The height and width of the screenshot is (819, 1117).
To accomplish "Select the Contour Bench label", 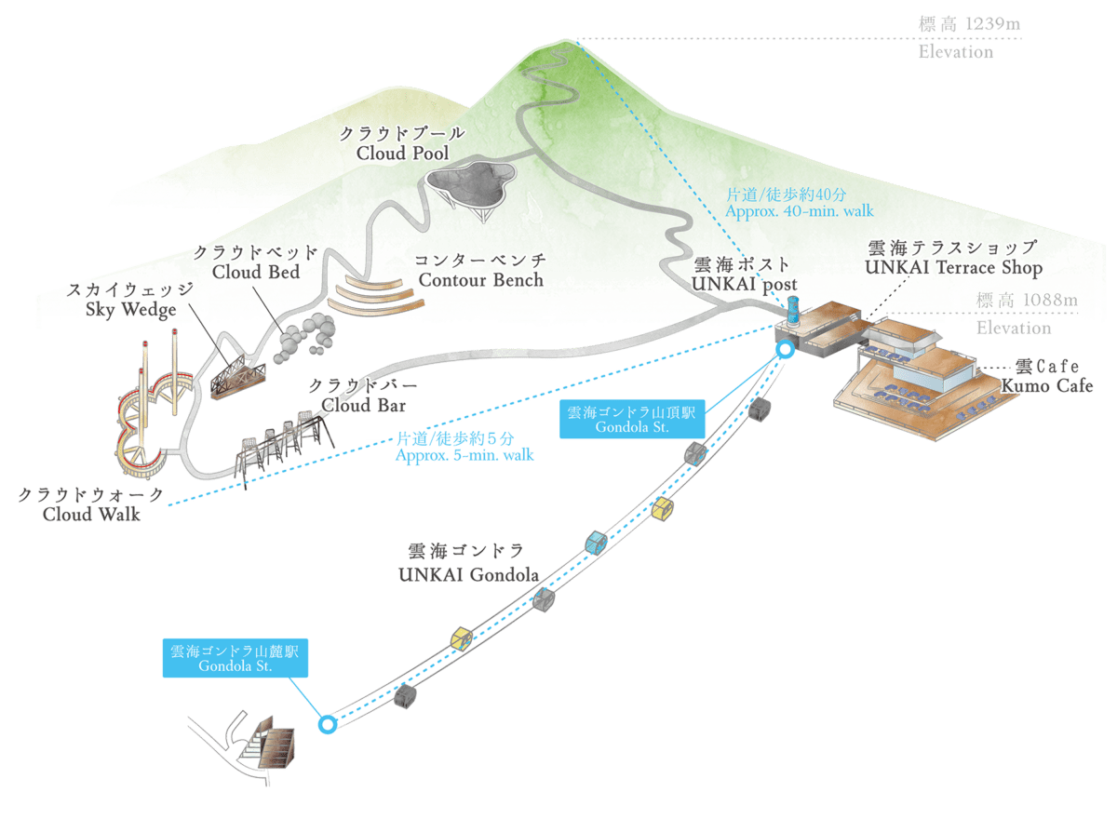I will pos(480,270).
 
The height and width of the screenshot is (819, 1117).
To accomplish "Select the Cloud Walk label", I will pos(91,503).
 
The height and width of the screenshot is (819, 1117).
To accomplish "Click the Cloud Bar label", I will pos(363,396).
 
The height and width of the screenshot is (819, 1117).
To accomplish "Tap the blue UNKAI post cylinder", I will pos(793,309).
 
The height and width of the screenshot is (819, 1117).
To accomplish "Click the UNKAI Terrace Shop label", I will pos(954,258).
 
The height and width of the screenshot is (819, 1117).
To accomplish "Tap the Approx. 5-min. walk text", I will pos(455,446).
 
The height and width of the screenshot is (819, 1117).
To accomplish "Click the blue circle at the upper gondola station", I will pos(785,350).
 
